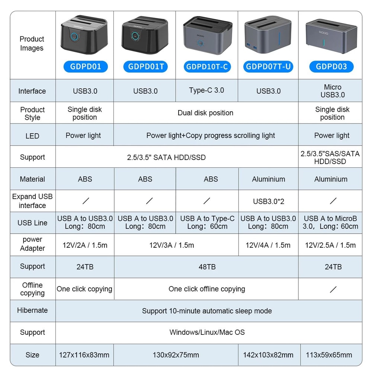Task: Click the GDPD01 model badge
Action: click(x=85, y=67)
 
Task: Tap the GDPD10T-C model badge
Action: click(x=207, y=67)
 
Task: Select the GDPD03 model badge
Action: click(x=331, y=67)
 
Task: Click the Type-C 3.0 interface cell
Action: click(x=206, y=90)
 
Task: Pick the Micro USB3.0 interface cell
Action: click(x=332, y=91)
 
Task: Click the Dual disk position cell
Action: click(x=205, y=113)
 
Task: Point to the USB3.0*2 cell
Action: click(x=269, y=201)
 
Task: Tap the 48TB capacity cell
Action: click(x=207, y=267)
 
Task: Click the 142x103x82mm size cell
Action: click(x=268, y=355)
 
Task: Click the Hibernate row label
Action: click(x=32, y=310)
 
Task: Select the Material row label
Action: click(x=32, y=179)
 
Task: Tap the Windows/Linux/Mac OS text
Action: click(x=207, y=332)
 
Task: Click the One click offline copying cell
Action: click(x=206, y=289)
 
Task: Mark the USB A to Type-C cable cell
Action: click(x=207, y=222)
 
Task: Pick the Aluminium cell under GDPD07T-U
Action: click(x=269, y=179)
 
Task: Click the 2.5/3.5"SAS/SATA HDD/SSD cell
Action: click(x=330, y=157)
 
